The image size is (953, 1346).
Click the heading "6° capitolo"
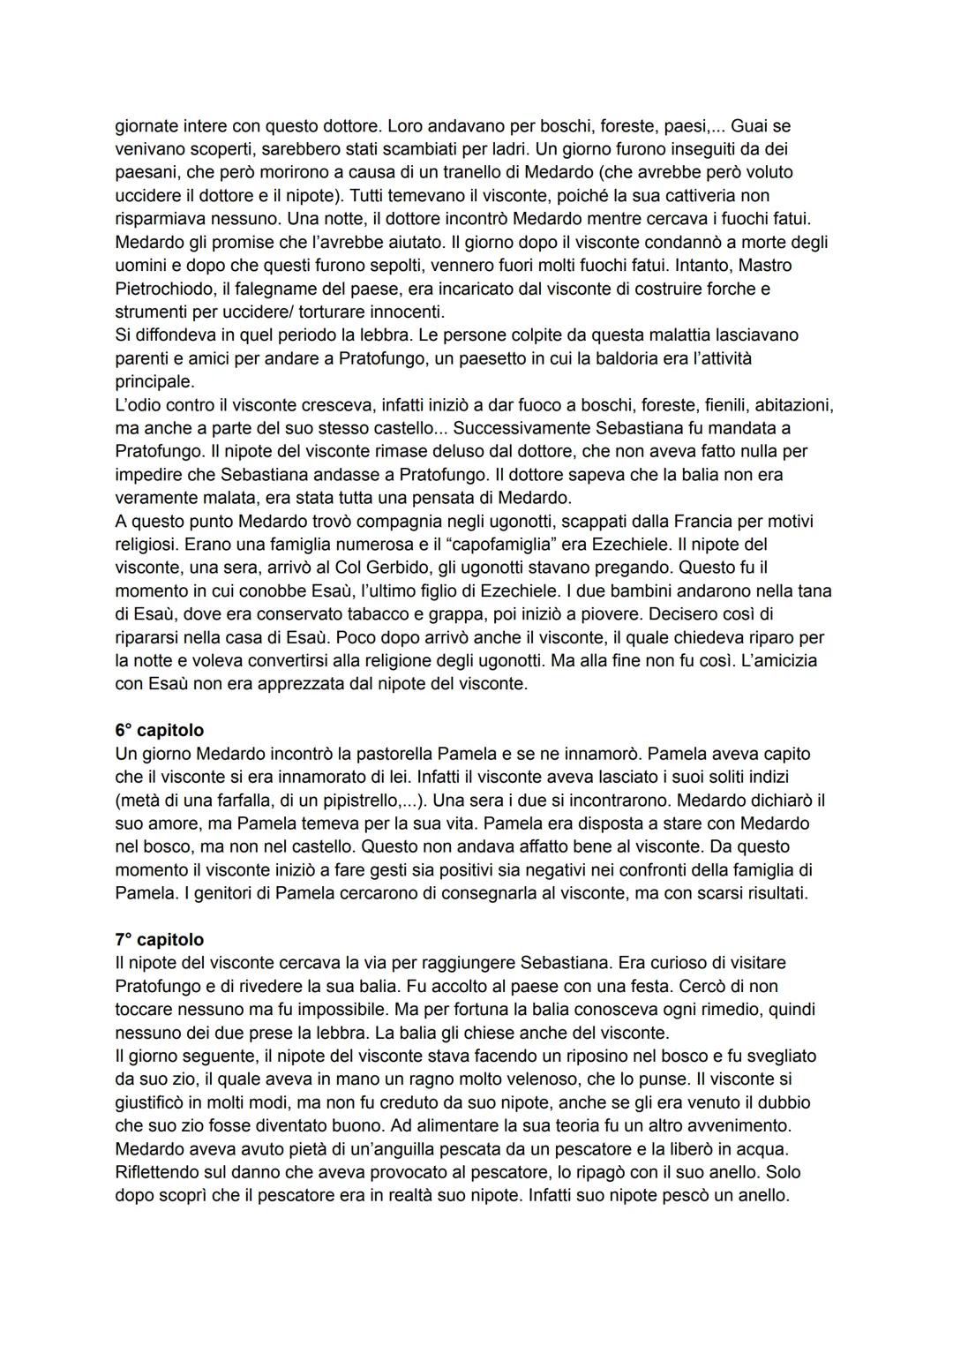tap(159, 730)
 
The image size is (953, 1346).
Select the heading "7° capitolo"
tap(159, 939)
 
